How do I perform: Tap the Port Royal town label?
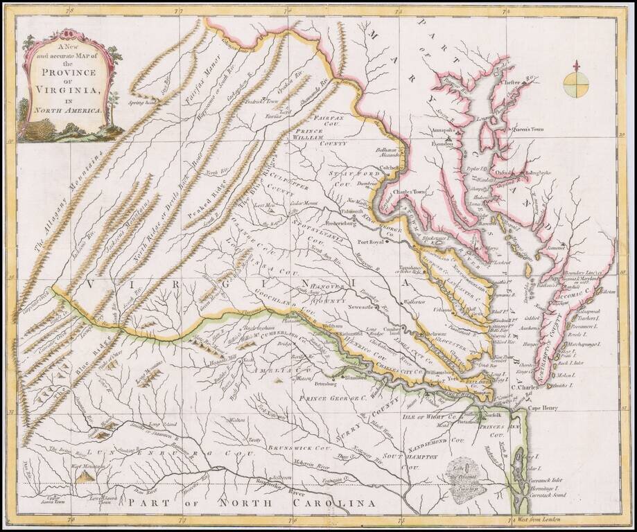point(371,242)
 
